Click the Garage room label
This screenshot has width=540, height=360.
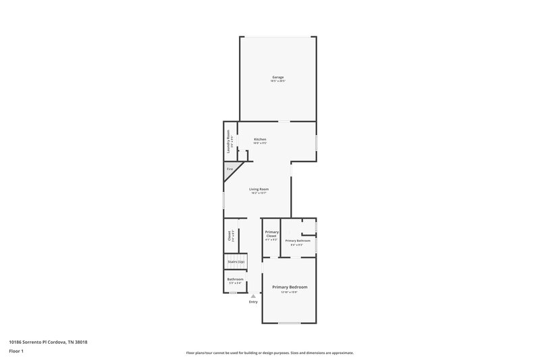pyautogui.click(x=278, y=78)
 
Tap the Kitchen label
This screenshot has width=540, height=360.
pyautogui.click(x=260, y=139)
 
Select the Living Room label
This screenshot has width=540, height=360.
pyautogui.click(x=259, y=189)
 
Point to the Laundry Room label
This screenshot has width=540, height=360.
pyautogui.click(x=229, y=141)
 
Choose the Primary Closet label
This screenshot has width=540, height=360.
pyautogui.click(x=271, y=234)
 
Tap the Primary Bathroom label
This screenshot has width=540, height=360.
pyautogui.click(x=297, y=240)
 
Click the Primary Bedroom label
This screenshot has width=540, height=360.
pyautogui.click(x=290, y=287)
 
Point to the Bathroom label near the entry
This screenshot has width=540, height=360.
pyautogui.click(x=235, y=279)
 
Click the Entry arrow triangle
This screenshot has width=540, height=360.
pyautogui.click(x=253, y=296)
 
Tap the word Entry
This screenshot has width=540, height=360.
pyautogui.click(x=253, y=302)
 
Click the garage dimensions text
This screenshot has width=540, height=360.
pyautogui.click(x=278, y=82)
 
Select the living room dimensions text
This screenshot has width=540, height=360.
pyautogui.click(x=259, y=193)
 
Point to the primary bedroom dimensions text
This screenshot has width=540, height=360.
pyautogui.click(x=290, y=292)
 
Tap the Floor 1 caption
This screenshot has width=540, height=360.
pyautogui.click(x=16, y=351)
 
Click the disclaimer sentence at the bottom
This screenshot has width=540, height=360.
pyautogui.click(x=269, y=353)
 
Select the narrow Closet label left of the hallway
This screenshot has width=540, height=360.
pyautogui.click(x=230, y=236)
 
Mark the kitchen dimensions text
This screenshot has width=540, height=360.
pyautogui.click(x=260, y=143)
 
